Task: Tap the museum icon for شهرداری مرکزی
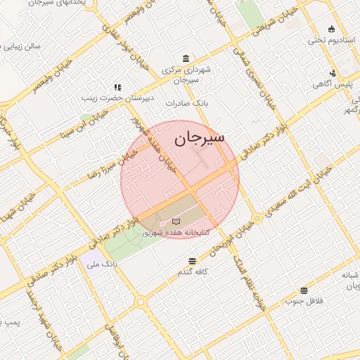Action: tap(185, 58)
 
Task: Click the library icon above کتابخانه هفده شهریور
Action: tap(175, 221)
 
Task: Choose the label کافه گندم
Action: tap(195, 271)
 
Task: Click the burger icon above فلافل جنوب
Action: tap(304, 290)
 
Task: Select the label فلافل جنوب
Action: tap(304, 301)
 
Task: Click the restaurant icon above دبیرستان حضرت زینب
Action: tap(117, 88)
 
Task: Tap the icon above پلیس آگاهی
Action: tap(333, 72)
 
